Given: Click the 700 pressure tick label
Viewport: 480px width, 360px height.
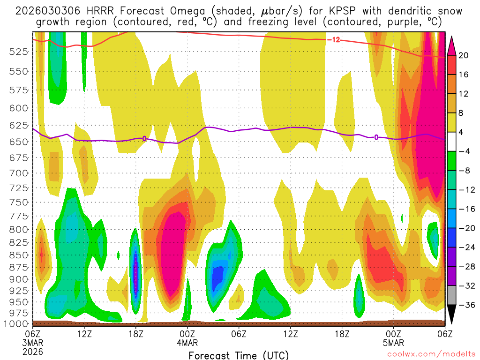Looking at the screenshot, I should point(18,173).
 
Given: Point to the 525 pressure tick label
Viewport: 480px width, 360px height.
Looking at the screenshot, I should point(18,52).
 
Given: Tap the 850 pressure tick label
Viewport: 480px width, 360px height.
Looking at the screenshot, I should point(18,255).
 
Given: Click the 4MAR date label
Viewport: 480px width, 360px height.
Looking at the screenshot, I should point(187,342).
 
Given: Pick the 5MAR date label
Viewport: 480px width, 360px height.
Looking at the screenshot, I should point(393,342).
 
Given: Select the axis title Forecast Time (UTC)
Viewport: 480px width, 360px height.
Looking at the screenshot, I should point(239,355).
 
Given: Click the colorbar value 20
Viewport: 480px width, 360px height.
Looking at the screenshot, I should point(464,55).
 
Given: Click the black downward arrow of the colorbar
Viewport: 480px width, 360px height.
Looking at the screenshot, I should point(451,315).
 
